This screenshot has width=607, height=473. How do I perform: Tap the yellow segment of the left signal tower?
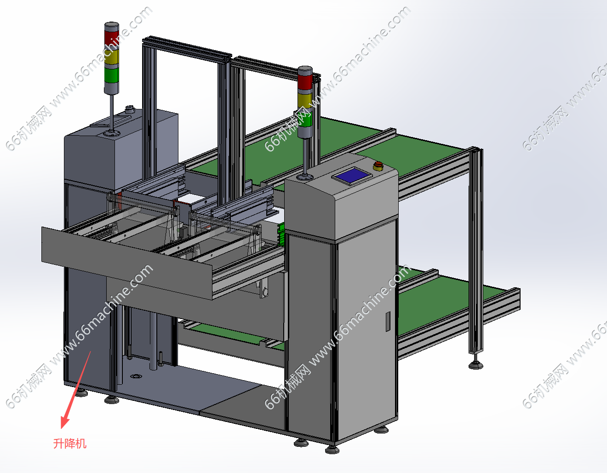tap(111, 57)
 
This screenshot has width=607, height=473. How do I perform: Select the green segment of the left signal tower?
tap(111, 75)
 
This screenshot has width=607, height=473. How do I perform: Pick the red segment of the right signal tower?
tap(305, 81)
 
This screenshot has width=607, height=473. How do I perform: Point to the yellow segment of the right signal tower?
tap(305, 101)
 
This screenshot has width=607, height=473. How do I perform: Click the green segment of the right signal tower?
tap(305, 119)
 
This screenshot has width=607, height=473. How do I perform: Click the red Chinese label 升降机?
tap(70, 444)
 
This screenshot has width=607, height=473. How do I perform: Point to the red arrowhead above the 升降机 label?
tap(64, 422)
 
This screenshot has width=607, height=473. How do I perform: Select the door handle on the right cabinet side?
tap(388, 321)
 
